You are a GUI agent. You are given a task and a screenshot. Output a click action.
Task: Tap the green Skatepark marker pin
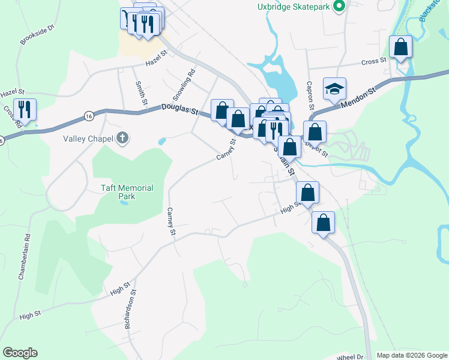tap(339, 7)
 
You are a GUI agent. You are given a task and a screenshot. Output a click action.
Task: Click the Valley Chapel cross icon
tap(122, 138)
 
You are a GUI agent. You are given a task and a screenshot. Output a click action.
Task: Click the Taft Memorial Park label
tap(127, 192)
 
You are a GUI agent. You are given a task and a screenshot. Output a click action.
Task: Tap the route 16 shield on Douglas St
tap(89, 115)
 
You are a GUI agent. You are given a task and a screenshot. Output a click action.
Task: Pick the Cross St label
tap(373, 62)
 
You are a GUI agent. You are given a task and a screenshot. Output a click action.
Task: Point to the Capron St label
tap(310, 95)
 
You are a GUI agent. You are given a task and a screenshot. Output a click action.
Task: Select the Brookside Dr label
tap(37, 35)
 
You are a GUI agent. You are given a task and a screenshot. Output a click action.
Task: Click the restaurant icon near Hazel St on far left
tap(25, 109)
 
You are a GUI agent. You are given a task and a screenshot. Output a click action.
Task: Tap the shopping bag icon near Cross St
tap(400, 46)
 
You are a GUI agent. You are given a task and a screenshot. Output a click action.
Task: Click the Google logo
tap(20, 353)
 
